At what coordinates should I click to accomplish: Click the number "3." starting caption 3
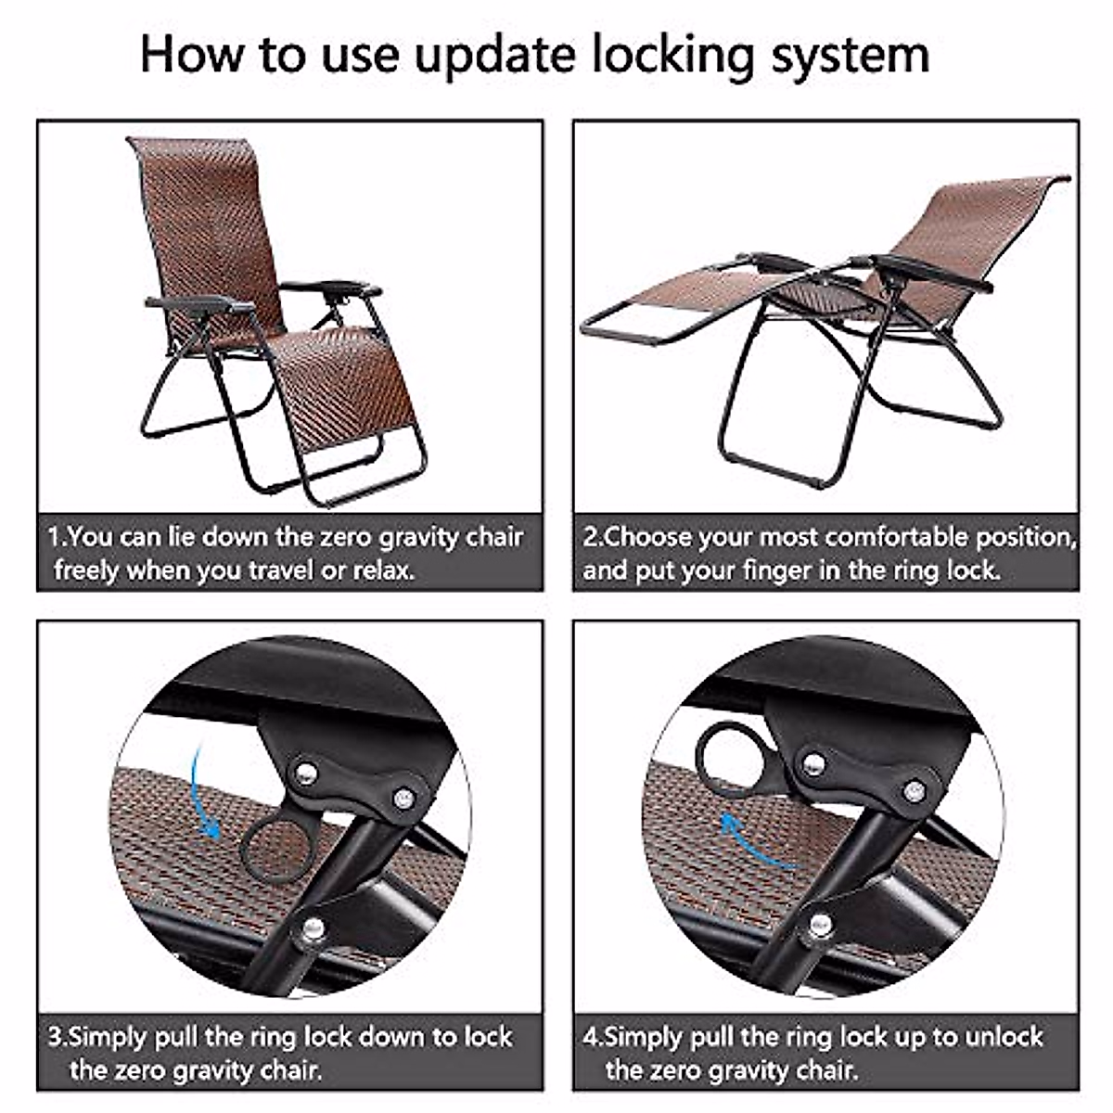[x=58, y=1036]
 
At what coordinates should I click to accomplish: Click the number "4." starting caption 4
[x=593, y=1036]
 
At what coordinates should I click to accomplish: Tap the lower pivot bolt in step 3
[x=313, y=927]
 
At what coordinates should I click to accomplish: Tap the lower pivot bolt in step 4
[x=820, y=924]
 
